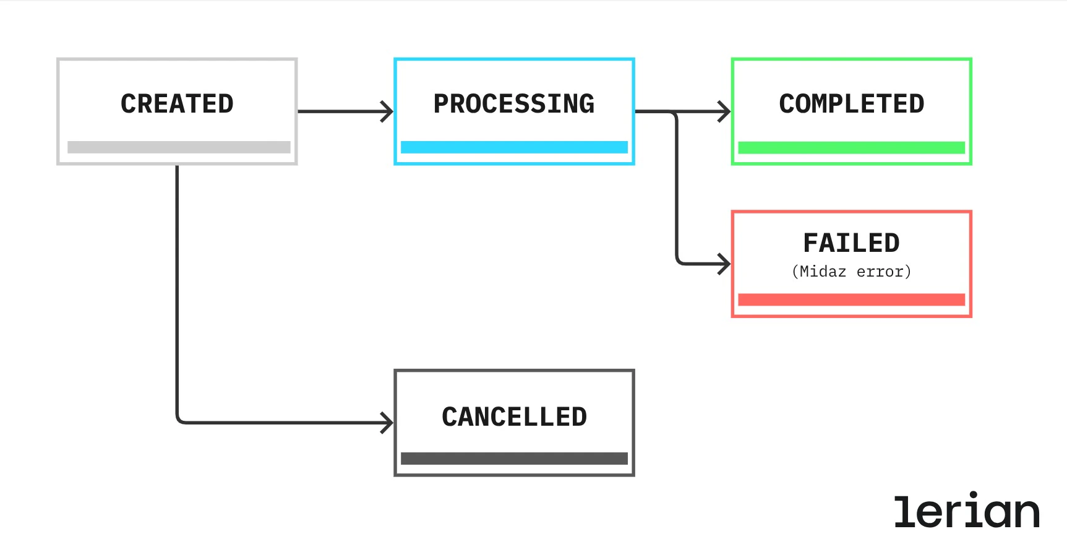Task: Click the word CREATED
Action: coord(177,104)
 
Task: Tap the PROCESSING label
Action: coord(513,104)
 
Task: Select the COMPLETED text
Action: coord(851,104)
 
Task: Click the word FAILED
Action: coord(851,243)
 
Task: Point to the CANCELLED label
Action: coord(514,417)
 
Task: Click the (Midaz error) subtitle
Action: coord(851,272)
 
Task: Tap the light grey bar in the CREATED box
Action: coord(179,147)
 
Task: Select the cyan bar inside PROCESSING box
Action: coord(514,147)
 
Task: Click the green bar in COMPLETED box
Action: coord(851,147)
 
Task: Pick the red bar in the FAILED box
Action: coord(851,299)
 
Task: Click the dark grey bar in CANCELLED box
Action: coord(514,459)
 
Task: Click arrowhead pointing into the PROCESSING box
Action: coord(388,111)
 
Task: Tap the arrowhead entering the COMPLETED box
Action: coord(725,111)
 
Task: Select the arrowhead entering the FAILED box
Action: coord(725,264)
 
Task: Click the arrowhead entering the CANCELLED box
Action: coord(388,423)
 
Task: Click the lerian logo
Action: coord(966,512)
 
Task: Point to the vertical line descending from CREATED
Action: coord(177,291)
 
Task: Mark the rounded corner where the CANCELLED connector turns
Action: coord(179,420)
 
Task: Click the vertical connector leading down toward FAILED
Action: coord(677,186)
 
